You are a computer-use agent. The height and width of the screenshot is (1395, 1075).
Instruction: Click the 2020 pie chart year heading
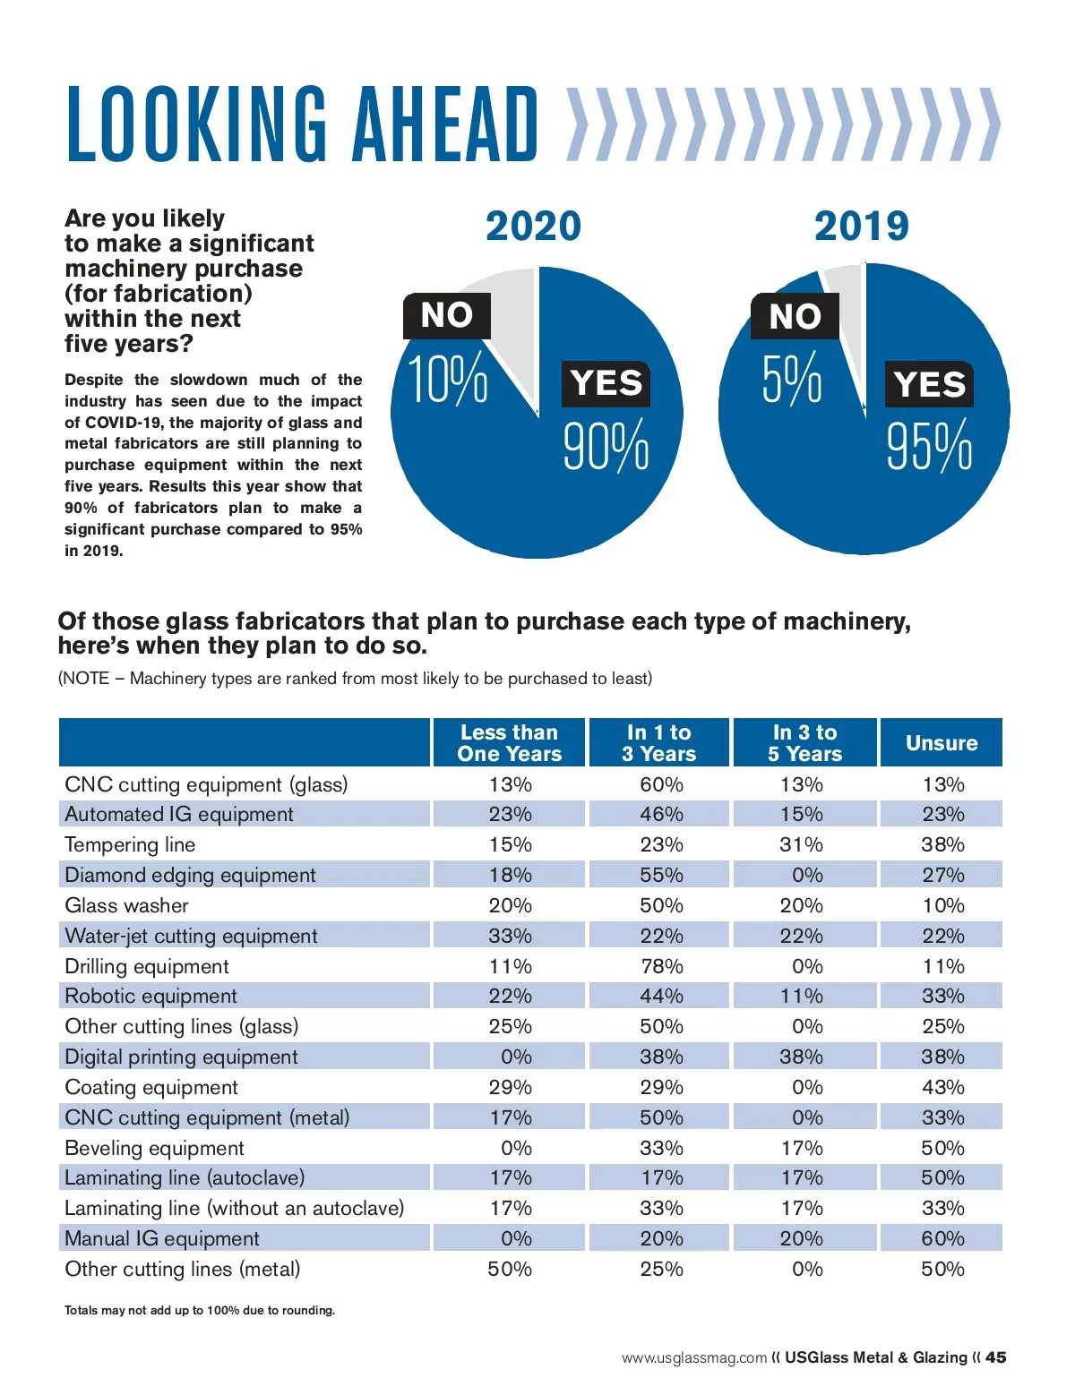coord(533,226)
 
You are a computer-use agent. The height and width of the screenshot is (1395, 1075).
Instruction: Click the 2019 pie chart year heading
coord(861,226)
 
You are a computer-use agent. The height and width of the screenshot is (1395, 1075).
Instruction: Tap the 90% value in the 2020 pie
coord(606,446)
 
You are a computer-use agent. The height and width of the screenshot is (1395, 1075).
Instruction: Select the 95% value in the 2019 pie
coord(929,446)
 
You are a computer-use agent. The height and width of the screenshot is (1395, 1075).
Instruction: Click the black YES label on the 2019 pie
coord(929,384)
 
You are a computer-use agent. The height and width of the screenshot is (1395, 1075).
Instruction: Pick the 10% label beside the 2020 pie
coord(448,379)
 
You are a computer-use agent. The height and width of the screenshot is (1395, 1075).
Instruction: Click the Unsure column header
coord(942,743)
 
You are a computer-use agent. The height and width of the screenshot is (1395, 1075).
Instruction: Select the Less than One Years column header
coord(509,743)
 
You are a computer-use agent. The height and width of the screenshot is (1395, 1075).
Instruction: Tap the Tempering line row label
coord(130,844)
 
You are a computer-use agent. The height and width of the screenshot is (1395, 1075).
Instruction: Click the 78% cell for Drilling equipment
coord(661,966)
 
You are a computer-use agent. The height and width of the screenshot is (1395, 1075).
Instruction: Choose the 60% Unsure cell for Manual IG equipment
coord(942,1238)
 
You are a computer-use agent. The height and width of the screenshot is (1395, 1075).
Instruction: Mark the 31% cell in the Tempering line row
coord(801,844)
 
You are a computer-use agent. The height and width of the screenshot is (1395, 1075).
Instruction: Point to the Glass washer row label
coord(126,905)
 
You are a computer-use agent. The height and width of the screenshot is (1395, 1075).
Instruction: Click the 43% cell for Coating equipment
coord(942,1087)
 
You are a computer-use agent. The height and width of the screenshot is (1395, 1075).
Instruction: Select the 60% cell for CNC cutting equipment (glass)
coord(661,784)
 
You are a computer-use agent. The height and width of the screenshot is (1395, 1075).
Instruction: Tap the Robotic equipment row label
coord(150,996)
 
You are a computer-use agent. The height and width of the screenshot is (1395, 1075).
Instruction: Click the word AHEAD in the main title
coord(446,124)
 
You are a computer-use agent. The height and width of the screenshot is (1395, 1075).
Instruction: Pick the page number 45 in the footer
coord(995,1357)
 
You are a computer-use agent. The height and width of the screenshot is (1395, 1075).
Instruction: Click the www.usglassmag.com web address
coord(694,1358)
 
